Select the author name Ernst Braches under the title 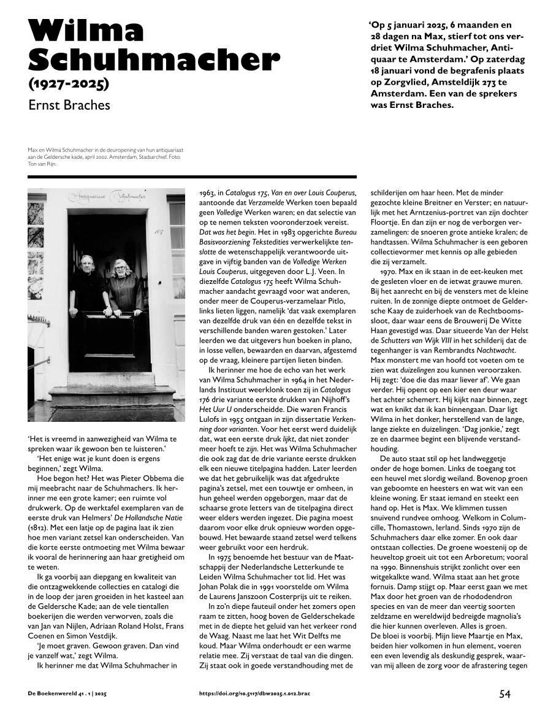[69, 105]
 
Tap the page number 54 [505, 694]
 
